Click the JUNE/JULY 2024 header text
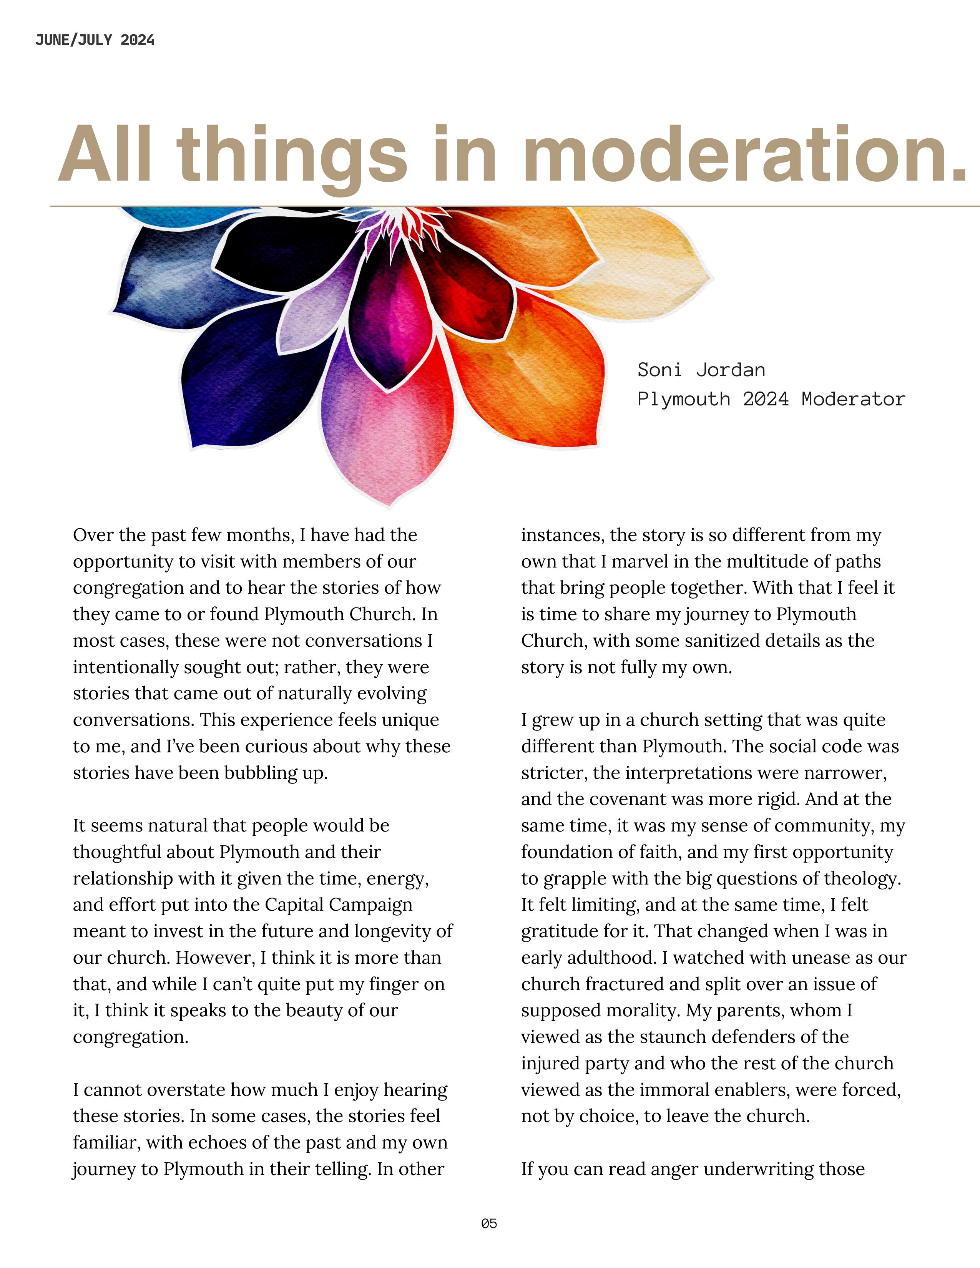click(x=95, y=40)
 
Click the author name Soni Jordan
click(x=701, y=370)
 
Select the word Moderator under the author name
click(x=853, y=400)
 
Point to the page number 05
click(x=489, y=1223)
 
